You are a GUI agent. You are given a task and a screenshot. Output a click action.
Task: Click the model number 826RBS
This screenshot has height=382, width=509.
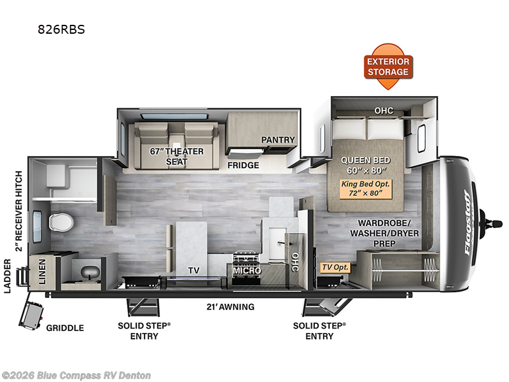click(62, 29)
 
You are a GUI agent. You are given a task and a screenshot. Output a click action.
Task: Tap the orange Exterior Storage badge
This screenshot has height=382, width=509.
click(388, 66)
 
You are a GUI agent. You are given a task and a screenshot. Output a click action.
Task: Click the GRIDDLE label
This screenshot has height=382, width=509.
click(64, 328)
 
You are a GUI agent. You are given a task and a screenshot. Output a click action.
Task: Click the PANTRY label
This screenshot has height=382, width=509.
click(278, 139)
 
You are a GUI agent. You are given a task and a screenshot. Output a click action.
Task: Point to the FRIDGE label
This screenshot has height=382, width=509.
click(244, 166)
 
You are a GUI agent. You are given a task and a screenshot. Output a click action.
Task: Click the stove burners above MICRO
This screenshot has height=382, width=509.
click(247, 258)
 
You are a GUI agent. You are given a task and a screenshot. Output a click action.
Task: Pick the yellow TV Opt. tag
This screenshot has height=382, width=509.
click(335, 268)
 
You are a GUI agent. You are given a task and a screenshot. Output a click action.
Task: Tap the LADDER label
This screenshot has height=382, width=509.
click(8, 277)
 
